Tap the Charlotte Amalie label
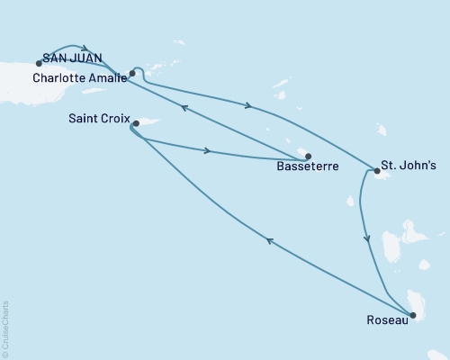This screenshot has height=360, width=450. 78,77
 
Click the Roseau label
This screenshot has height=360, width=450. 385,319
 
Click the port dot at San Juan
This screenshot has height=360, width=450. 39,63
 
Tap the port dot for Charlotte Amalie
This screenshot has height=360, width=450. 132,74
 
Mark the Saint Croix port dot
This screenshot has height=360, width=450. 136,123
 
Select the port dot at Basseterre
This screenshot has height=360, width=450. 308,155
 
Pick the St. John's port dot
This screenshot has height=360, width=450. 375,170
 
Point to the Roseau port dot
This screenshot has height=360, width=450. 413,315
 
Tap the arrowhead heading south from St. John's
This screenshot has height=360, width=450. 366,239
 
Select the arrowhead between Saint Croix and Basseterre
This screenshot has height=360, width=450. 209,150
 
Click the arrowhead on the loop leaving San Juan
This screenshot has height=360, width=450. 85,49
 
